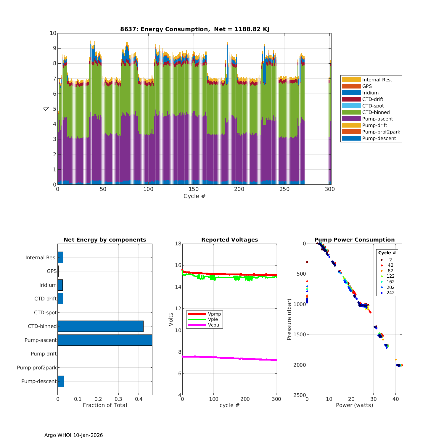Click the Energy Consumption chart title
click(x=194, y=29)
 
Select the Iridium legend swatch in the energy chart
click(x=351, y=93)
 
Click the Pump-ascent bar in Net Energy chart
click(x=105, y=340)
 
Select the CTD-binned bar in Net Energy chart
click(x=100, y=326)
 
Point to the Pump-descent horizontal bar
click(x=61, y=381)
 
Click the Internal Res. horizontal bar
click(x=60, y=258)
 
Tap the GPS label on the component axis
click(x=52, y=271)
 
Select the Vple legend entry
click(x=213, y=319)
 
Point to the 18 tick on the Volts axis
click(x=178, y=244)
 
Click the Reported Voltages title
click(x=229, y=240)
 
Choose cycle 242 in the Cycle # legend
click(x=390, y=293)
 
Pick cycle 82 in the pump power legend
click(x=390, y=271)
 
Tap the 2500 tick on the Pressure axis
click(x=300, y=395)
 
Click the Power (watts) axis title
click(x=354, y=405)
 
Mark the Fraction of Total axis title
click(x=105, y=405)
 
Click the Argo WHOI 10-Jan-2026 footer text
click(x=73, y=435)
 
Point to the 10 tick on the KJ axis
click(x=53, y=33)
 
